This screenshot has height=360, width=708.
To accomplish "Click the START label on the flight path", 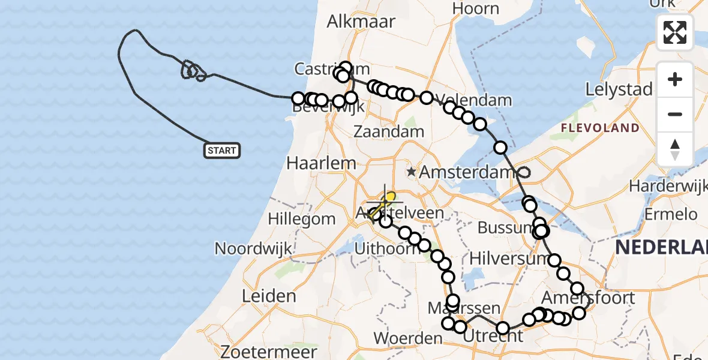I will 222,151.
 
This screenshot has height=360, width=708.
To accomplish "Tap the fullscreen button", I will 675,32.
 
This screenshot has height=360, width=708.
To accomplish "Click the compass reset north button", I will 675,149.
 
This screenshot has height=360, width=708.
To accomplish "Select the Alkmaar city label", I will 361,22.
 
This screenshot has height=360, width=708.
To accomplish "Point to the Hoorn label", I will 476,8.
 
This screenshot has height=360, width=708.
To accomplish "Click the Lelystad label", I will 619,90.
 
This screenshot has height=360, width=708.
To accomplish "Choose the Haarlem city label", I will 321,163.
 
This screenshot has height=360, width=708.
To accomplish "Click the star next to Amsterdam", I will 411,172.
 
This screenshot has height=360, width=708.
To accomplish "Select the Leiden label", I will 269,296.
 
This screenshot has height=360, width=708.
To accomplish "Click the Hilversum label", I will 509,259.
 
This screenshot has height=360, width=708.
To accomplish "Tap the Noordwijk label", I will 253,248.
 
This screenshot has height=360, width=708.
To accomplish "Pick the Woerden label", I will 408,338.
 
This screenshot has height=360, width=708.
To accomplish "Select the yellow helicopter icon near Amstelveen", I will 383,205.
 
